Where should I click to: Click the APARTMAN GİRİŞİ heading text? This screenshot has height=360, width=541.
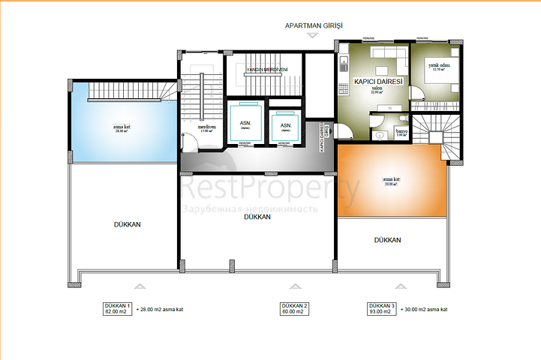click(x=314, y=25)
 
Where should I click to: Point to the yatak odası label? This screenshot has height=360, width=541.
click(x=438, y=66)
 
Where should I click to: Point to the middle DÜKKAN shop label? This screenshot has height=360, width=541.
click(x=257, y=217)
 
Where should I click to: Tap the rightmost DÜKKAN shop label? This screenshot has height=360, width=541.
click(x=388, y=240)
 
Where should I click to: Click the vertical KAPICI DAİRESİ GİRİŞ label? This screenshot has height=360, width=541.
click(x=323, y=137)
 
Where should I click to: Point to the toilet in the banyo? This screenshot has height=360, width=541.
click(x=380, y=136)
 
